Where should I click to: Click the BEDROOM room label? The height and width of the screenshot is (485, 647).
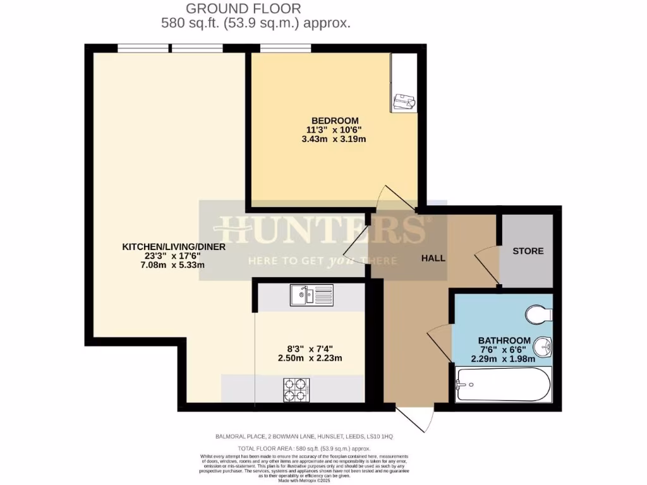(x=335, y=121)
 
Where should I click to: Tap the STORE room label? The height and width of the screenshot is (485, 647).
(x=528, y=251)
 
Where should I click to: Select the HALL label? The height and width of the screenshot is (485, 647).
(x=433, y=258)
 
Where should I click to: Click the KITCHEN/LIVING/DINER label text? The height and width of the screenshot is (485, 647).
(x=174, y=247)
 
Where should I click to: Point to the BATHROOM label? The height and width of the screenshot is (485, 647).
(x=504, y=340)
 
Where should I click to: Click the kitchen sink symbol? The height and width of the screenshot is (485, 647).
(x=311, y=295)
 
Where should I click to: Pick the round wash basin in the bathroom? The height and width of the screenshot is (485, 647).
(x=543, y=347)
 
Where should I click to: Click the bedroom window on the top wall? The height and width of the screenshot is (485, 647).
(x=285, y=48)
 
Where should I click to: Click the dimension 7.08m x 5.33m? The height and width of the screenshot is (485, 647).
(x=174, y=265)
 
